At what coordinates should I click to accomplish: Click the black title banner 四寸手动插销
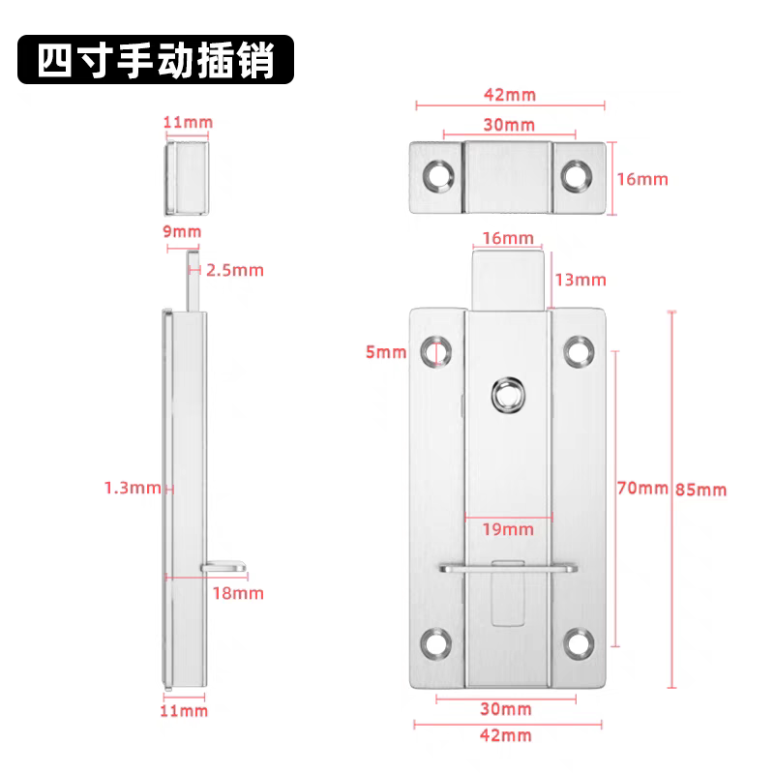coord(155,61)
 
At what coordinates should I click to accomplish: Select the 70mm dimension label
coord(642,488)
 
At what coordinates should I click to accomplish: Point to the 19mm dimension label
coord(508,528)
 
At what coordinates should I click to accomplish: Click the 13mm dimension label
coord(580,280)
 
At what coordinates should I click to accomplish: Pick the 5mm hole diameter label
coord(386,352)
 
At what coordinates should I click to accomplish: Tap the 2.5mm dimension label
coord(235,270)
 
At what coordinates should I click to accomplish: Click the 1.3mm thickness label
coord(132,488)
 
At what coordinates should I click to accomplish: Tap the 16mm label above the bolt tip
coord(507,238)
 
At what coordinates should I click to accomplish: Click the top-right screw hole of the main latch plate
coord(580,349)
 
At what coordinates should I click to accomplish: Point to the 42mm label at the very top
coord(509,95)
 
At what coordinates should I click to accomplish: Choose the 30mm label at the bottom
coord(507,709)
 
